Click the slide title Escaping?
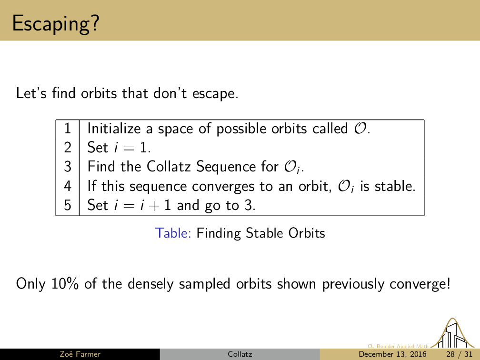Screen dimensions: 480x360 click(x=56, y=24)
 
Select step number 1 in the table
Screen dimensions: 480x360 click(x=67, y=128)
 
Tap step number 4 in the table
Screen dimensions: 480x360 click(x=67, y=186)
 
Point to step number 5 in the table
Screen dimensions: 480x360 click(x=67, y=205)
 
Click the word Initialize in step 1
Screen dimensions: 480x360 click(x=114, y=129)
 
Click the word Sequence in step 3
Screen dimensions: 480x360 click(x=226, y=167)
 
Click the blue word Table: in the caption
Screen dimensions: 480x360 click(x=173, y=233)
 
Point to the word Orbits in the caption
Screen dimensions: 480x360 click(x=307, y=233)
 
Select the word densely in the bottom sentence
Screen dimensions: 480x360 click(x=150, y=284)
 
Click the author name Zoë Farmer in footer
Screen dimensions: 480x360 click(x=80, y=354)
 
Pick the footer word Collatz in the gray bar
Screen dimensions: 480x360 click(x=240, y=354)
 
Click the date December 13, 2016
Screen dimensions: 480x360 click(x=392, y=354)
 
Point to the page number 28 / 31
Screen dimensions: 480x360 click(x=459, y=354)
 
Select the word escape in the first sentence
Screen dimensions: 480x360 click(x=215, y=94)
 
